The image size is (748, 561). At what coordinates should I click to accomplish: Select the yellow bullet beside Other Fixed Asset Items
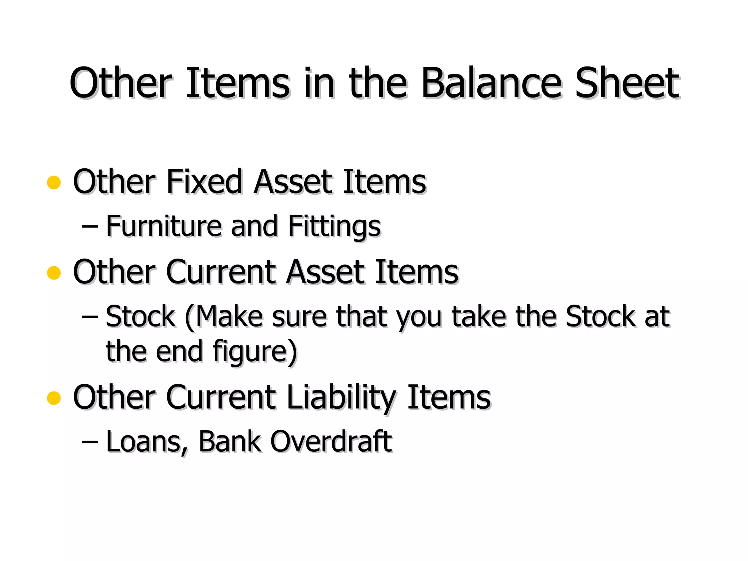[54, 182]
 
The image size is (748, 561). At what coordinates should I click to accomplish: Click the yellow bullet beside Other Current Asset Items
[54, 272]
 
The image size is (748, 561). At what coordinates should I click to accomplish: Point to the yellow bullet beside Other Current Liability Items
[54, 398]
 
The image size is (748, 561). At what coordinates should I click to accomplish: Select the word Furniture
[164, 226]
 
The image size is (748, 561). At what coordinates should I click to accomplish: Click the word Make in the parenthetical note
[228, 316]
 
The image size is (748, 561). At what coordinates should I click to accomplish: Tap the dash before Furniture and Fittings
[90, 227]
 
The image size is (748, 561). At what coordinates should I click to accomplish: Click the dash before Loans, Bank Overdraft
[90, 442]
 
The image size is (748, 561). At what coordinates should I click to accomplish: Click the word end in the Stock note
[179, 351]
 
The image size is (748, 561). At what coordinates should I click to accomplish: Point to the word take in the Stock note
[479, 316]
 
